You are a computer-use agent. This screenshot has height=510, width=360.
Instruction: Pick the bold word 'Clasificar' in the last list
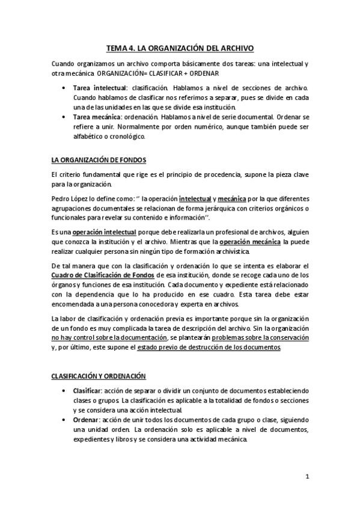pos(91,392)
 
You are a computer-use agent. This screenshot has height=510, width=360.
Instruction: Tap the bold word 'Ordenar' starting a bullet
pos(88,419)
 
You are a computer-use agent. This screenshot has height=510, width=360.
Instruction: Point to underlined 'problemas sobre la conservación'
pos(260,338)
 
